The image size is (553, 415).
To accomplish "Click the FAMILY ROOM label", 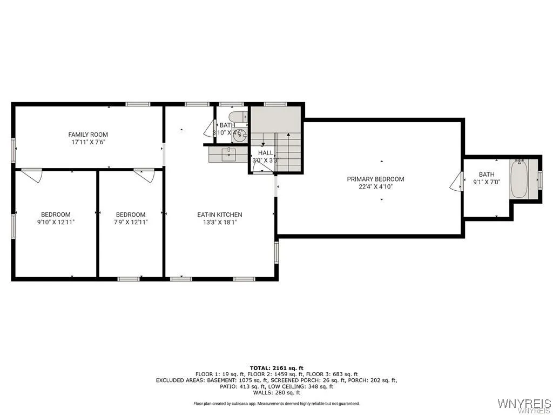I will (x=88, y=135).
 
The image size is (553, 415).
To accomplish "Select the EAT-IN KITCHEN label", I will (x=219, y=215).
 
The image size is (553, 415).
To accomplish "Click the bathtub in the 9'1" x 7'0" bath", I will (x=519, y=178).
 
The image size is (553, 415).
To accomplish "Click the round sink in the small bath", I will (x=240, y=135).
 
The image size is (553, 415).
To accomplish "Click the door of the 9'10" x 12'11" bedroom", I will (x=32, y=176).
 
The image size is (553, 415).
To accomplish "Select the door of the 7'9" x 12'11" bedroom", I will (x=144, y=176).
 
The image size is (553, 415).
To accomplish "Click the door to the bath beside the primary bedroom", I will (x=456, y=181).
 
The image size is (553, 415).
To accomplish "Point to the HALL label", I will (x=266, y=153).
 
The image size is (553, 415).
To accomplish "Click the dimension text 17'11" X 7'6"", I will (x=88, y=142).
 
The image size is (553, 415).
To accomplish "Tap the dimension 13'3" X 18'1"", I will (x=219, y=222).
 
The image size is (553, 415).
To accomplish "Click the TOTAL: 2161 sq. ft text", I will (x=276, y=367).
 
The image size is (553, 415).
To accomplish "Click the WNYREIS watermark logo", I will (x=523, y=404).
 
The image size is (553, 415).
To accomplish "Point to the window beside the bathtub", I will (x=540, y=179).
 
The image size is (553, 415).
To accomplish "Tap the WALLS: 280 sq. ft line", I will (x=276, y=392).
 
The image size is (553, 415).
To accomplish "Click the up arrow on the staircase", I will (x=262, y=143).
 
